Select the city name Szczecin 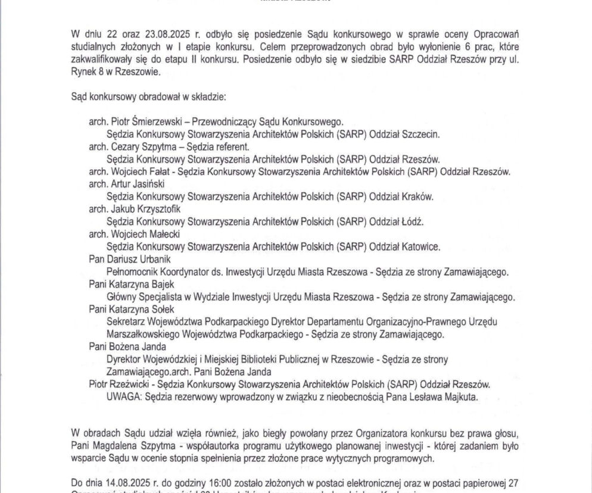(419, 135)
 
